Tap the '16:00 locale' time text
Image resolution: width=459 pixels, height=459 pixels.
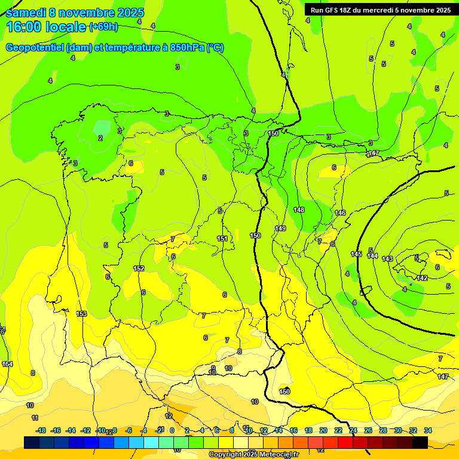click(x=46, y=27)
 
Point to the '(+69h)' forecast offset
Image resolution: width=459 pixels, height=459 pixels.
click(x=103, y=27)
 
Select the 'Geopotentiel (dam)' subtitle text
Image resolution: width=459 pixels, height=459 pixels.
click(x=48, y=47)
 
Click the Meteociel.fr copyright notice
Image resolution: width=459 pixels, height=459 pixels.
click(x=253, y=455)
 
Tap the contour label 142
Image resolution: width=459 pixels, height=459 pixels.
click(x=422, y=279)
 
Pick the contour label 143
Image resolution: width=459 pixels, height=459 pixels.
click(x=387, y=259)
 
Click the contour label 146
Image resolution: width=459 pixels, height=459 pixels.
click(x=340, y=213)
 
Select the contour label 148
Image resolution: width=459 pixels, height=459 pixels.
click(x=299, y=210)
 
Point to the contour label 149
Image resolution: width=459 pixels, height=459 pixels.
click(x=280, y=228)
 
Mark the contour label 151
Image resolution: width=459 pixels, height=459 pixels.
click(x=222, y=238)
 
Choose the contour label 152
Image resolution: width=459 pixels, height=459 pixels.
click(x=139, y=268)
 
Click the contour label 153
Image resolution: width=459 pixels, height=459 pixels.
click(x=82, y=314)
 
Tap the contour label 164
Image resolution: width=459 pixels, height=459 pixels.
click(x=7, y=364)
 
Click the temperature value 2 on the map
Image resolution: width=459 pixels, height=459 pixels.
click(x=100, y=138)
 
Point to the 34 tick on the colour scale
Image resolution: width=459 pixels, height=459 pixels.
click(x=428, y=430)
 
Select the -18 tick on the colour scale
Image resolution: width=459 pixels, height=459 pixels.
click(x=41, y=430)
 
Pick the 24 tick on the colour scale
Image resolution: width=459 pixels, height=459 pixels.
click(x=353, y=430)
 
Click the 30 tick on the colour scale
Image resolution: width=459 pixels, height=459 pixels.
click(x=398, y=430)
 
